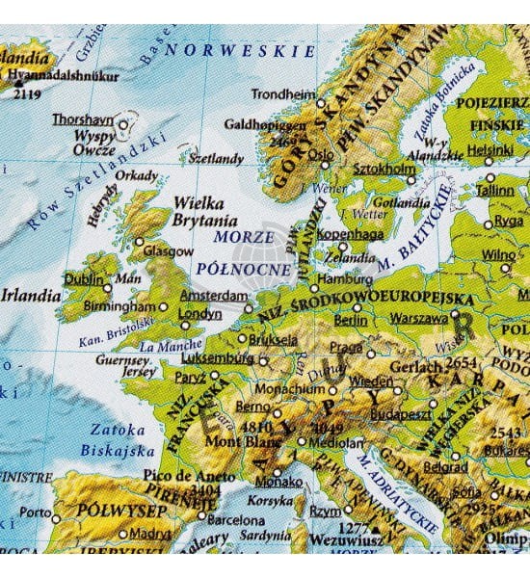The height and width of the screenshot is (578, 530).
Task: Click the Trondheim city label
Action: (282, 94)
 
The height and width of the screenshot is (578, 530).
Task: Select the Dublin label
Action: (83, 278)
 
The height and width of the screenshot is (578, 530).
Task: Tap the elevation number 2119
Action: (26, 93)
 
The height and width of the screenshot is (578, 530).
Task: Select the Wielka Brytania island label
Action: (198, 211)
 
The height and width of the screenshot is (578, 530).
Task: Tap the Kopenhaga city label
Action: (353, 234)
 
